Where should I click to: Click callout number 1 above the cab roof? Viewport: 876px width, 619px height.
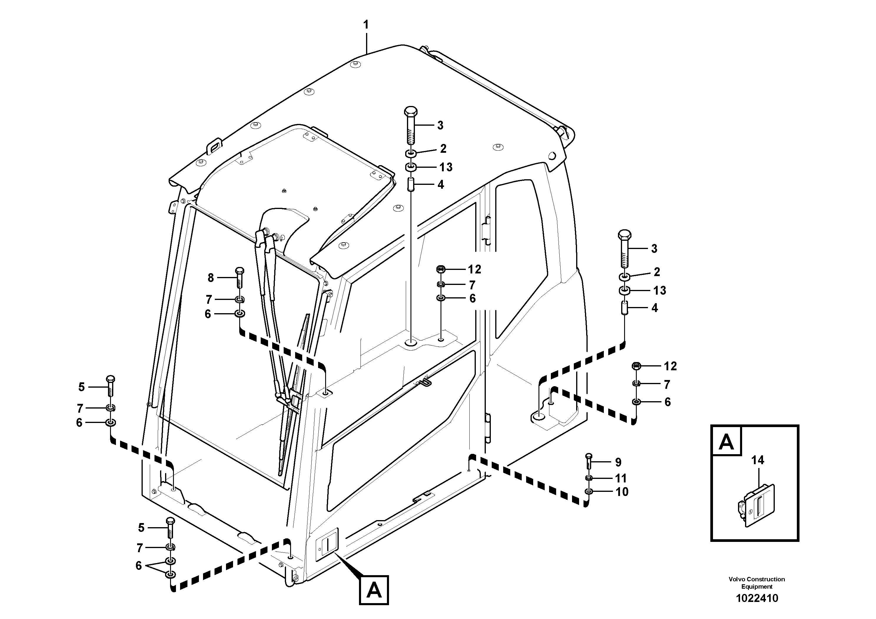coord(366,25)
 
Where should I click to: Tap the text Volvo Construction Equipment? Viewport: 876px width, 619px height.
coord(757,583)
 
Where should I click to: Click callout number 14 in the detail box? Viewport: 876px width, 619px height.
coord(758,460)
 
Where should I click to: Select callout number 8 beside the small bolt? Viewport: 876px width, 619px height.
coord(211,278)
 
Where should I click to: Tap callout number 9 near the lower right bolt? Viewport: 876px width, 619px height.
coord(618,462)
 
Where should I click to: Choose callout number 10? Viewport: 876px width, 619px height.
coord(622,492)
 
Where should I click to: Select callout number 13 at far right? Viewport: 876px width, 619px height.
coord(660,291)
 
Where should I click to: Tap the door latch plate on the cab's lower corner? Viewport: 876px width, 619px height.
coord(327,544)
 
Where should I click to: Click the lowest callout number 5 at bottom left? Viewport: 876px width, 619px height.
coord(141,528)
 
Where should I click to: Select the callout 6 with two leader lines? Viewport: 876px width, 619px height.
coord(139,565)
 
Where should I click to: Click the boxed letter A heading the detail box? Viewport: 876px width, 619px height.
coord(726,442)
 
